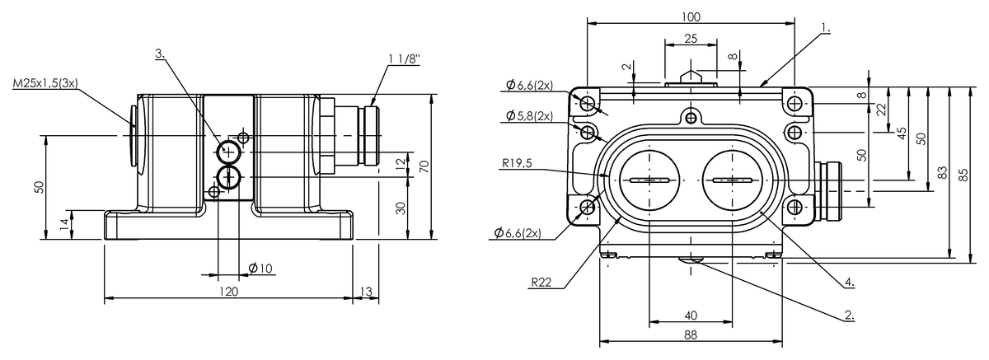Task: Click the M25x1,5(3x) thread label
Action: [x=45, y=84]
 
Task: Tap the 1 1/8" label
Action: [x=403, y=58]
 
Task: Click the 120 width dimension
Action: [x=228, y=292]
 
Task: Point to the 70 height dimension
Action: [x=424, y=166]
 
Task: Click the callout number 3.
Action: [x=160, y=54]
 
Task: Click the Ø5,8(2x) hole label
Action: [x=529, y=115]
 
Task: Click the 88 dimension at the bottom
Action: [x=691, y=335]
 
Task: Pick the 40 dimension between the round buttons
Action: [x=691, y=315]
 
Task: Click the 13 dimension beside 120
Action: [x=367, y=292]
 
